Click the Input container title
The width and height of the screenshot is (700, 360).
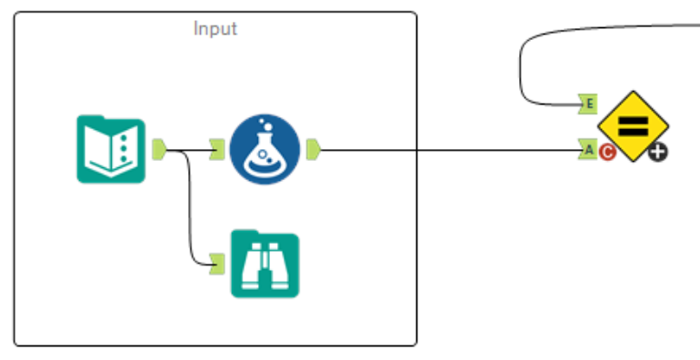pyautogui.click(x=215, y=28)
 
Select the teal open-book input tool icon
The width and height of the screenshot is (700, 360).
pyautogui.click(x=110, y=150)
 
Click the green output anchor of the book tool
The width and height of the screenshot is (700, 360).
pyautogui.click(x=158, y=148)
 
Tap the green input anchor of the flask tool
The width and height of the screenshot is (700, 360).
pyautogui.click(x=216, y=148)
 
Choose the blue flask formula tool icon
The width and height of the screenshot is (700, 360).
pyautogui.click(x=264, y=148)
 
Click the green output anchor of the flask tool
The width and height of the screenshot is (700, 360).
pyautogui.click(x=313, y=148)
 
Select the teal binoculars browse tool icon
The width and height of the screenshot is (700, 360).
pyautogui.click(x=264, y=265)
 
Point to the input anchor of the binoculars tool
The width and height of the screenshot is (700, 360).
pyautogui.click(x=216, y=264)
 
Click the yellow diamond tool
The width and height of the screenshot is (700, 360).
pyautogui.click(x=634, y=125)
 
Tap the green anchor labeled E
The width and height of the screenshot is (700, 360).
pyautogui.click(x=587, y=105)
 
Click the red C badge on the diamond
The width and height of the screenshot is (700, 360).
pyautogui.click(x=607, y=152)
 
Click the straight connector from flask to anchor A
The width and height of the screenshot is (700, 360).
pyautogui.click(x=445, y=149)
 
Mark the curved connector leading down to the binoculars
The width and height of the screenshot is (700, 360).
pyautogui.click(x=189, y=209)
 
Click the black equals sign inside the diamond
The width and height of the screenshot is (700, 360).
pyautogui.click(x=634, y=125)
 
